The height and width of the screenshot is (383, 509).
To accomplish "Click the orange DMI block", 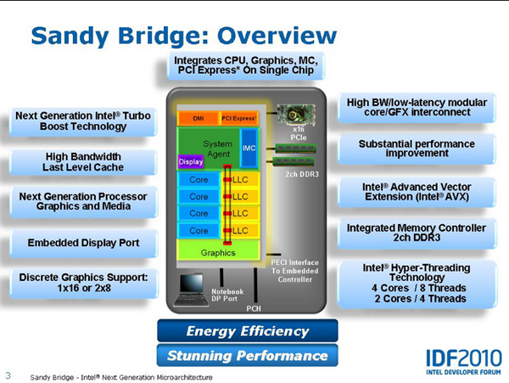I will pos(198,117).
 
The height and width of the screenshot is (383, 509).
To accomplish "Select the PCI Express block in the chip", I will pos(238,117).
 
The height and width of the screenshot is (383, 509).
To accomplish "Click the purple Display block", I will pos(190,161).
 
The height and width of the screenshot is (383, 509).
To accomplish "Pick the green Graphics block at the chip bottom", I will pos(218,252).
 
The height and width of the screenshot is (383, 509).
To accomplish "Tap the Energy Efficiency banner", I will pos(248,330).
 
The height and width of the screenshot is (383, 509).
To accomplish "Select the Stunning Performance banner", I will pos(248,355).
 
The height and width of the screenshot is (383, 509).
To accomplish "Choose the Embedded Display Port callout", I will pos(83,244).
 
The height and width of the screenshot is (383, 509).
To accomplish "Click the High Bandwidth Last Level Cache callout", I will pos(83,162).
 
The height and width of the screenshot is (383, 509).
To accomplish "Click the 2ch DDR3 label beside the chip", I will pos(302,174).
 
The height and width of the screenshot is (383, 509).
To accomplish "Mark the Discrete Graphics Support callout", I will pos(83,283).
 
